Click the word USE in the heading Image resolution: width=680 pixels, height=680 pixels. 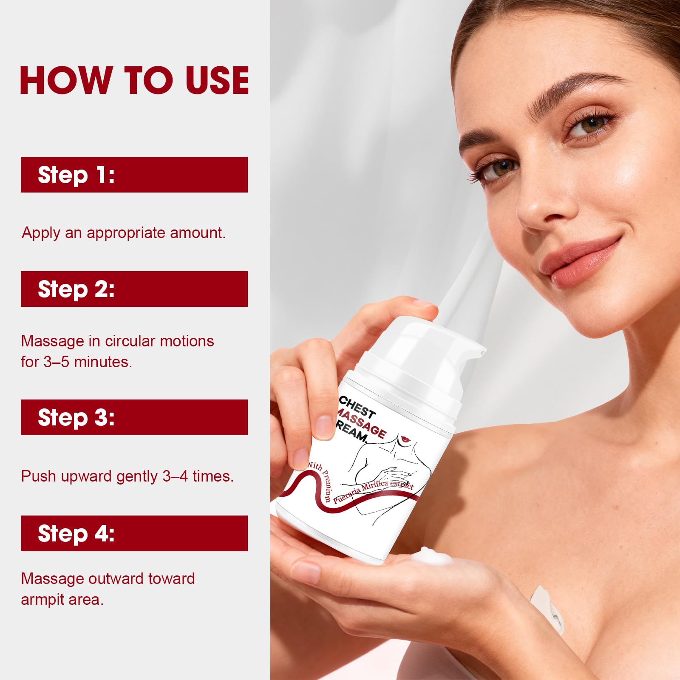(x=217, y=80)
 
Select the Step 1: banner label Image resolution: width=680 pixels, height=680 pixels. (x=76, y=175)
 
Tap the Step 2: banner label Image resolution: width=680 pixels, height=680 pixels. (x=76, y=289)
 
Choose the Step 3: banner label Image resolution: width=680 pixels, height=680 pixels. (x=76, y=417)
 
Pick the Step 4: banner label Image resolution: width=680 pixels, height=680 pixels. (x=76, y=533)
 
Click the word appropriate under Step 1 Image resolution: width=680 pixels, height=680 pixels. (x=126, y=233)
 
